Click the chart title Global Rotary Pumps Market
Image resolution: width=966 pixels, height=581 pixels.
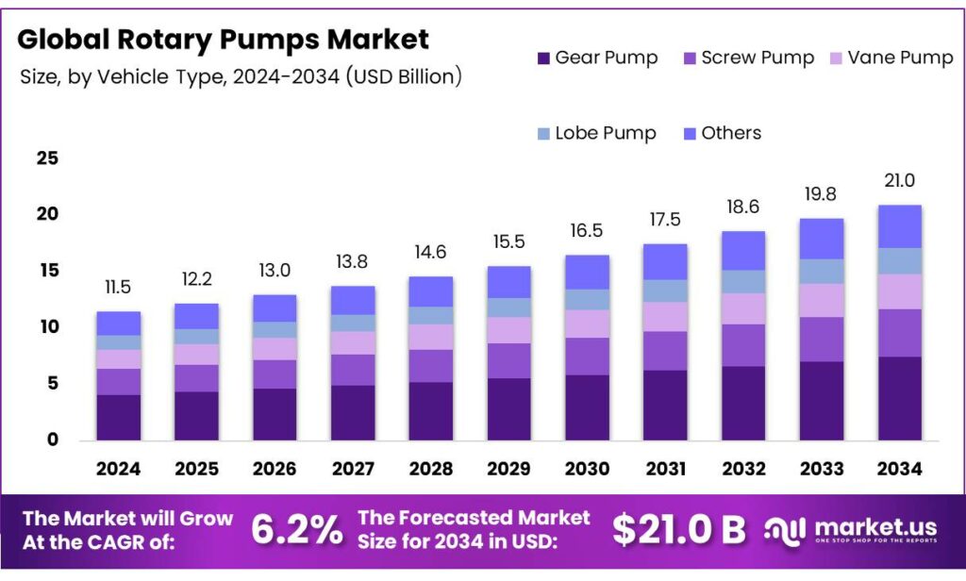point(223,40)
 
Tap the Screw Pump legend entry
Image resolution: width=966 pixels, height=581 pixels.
point(747,58)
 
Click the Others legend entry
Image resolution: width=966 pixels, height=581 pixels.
point(721,133)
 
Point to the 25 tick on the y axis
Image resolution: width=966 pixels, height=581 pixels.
point(47,158)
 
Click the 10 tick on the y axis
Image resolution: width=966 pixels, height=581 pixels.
point(47,327)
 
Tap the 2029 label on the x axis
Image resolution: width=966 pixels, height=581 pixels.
point(508,469)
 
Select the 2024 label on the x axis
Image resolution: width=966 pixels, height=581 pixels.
point(118,469)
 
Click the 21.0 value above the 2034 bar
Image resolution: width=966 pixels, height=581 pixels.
point(899,181)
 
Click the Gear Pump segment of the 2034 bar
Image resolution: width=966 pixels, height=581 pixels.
point(899,398)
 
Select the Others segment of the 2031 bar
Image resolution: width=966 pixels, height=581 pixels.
point(665,261)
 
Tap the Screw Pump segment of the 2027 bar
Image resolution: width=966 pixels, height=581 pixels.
point(353,370)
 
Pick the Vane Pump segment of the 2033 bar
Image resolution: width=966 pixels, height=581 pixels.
point(822,300)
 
